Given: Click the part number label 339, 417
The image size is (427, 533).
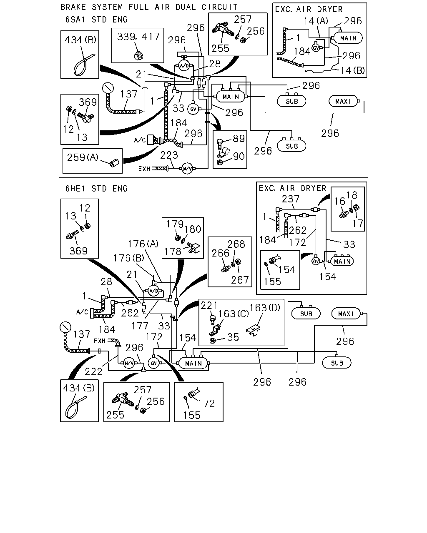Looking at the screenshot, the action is pos(138,37).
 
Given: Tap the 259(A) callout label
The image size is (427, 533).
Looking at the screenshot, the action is pos(83,157).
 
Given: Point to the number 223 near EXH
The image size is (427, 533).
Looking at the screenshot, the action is pos(169,155).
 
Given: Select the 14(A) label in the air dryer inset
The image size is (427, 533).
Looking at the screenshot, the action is pos(316,21).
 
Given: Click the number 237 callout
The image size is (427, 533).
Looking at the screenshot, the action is pos(291,199).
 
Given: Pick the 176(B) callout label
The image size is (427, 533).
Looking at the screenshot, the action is pos(129,258).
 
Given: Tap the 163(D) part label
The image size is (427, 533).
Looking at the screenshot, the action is pos(264,308).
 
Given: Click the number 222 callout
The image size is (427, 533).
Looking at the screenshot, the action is pos(93,371).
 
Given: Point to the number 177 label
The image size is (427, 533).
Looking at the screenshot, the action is pos(140,326).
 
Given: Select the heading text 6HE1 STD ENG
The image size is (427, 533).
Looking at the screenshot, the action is pos(96,189).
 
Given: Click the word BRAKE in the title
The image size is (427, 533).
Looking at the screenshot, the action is pos(73,7).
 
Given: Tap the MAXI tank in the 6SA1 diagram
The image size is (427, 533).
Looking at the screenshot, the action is pos(344,101).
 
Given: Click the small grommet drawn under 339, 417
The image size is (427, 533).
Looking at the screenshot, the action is pos(138,56).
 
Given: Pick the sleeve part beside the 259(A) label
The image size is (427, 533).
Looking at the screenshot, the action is pos(114,163).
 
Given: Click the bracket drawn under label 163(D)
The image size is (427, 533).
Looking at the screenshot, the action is pos(253,331).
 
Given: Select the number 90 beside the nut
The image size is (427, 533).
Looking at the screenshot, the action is pos(239,156).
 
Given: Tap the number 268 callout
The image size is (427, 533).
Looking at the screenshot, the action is pos(236,244).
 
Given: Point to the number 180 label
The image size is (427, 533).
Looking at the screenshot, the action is pos(193,229).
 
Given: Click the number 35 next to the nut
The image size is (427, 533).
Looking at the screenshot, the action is pos(233,337).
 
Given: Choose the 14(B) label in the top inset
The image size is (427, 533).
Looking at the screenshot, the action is pos(352,71).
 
